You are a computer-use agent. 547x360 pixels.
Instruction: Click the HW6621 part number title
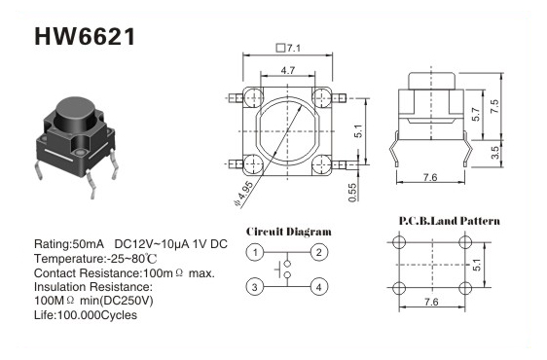pyautogui.click(x=85, y=37)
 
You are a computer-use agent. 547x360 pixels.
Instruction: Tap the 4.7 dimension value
pyautogui.click(x=288, y=70)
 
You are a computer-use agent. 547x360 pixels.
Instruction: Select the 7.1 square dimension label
pyautogui.click(x=288, y=48)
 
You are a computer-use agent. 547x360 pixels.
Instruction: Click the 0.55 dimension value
pyautogui.click(x=352, y=193)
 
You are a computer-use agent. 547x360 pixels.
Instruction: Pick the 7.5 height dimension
pyautogui.click(x=494, y=106)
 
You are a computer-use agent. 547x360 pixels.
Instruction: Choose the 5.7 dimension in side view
pyautogui.click(x=476, y=114)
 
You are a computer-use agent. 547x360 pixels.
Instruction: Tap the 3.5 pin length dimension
pyautogui.click(x=494, y=153)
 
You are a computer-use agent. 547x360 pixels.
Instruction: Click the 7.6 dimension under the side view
pyautogui.click(x=430, y=177)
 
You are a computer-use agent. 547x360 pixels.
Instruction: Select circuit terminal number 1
pyautogui.click(x=255, y=252)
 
